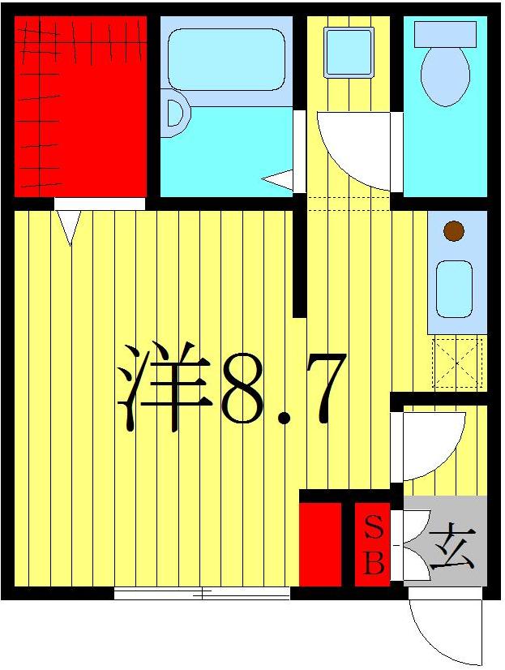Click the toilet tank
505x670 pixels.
[x=445, y=33]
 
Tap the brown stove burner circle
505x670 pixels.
[x=454, y=231]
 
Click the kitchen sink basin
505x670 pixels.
[x=454, y=289]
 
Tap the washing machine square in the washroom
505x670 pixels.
[x=349, y=53]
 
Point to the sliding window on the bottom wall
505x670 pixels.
[x=202, y=594]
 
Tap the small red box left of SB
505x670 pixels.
[x=320, y=543]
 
